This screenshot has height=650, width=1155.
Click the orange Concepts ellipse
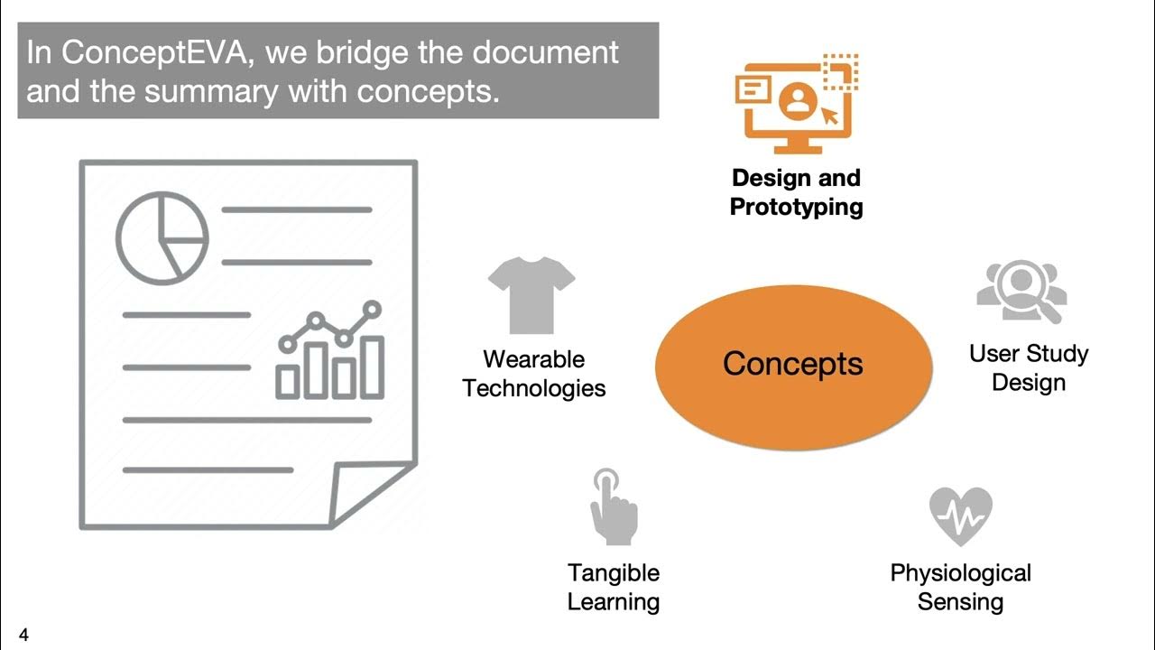tap(792, 365)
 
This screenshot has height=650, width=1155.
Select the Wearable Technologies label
tap(534, 374)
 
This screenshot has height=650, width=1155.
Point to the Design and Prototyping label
tap(796, 192)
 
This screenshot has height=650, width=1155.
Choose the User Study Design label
tap(1029, 367)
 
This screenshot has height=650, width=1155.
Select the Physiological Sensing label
tap(960, 587)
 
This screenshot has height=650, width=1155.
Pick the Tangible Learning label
tap(614, 587)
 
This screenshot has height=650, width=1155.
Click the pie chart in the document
tap(162, 237)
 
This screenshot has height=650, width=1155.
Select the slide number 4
tap(23, 636)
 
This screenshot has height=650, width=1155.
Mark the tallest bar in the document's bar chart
tap(372, 366)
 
